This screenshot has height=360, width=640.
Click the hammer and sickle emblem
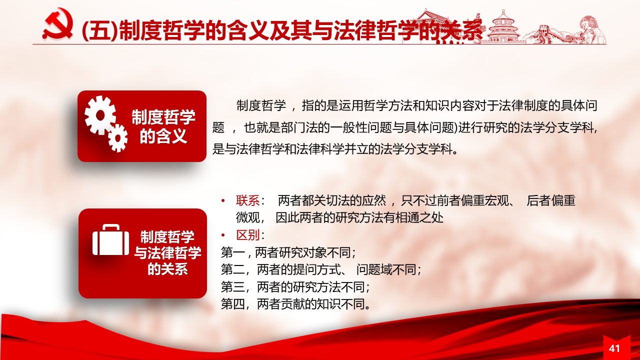[58, 24]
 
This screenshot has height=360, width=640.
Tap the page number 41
[614, 348]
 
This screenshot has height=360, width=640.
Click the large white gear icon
[100, 115]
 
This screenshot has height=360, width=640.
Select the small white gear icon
[117, 138]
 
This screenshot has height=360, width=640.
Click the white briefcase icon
[110, 239]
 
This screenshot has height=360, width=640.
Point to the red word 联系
[247, 200]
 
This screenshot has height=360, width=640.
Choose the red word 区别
[247, 235]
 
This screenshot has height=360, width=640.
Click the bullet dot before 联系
[223, 200]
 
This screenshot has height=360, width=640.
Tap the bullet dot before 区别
[223, 235]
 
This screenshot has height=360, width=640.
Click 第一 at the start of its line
[232, 252]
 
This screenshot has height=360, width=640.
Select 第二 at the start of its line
[232, 269]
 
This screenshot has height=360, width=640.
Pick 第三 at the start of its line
[232, 287]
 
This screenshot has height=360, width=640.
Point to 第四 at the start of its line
[232, 304]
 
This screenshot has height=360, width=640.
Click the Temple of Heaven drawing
[503, 26]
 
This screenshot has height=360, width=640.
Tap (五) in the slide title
[99, 30]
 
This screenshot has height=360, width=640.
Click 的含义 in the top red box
[163, 136]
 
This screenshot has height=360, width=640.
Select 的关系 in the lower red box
[167, 269]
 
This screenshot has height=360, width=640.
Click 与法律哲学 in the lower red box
[167, 252]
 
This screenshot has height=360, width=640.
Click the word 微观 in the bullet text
[247, 217]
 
